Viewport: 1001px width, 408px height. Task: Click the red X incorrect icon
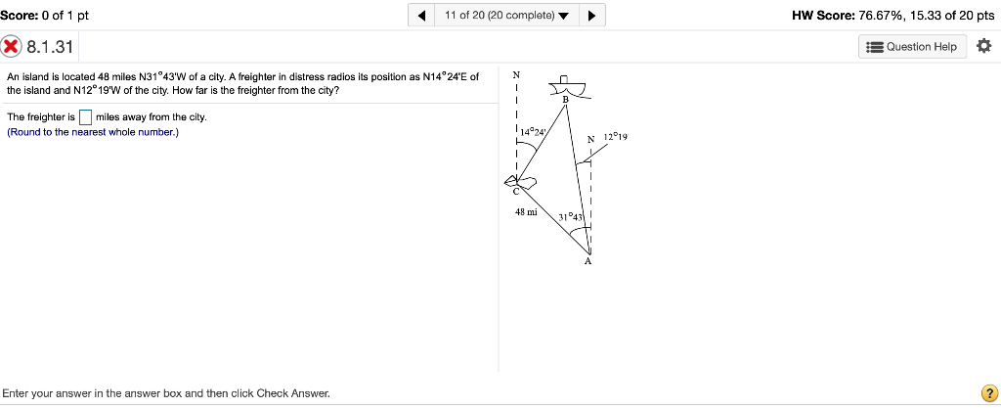(12, 47)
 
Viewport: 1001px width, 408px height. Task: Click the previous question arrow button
(420, 16)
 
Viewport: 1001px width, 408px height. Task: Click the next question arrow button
(592, 16)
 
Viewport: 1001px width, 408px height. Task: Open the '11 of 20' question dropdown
(505, 16)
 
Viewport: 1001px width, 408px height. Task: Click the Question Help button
(913, 47)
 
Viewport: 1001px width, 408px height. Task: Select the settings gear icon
(983, 47)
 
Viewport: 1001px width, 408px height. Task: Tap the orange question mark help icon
(988, 393)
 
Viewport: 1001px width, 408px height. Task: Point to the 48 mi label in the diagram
(526, 211)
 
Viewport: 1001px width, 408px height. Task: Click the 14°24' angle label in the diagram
(534, 130)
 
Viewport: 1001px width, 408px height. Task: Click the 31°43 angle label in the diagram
(571, 216)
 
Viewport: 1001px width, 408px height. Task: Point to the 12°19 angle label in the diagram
(615, 138)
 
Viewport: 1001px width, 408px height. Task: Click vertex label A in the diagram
(588, 262)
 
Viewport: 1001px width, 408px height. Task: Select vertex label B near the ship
(564, 100)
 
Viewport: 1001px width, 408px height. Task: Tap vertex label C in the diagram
(519, 192)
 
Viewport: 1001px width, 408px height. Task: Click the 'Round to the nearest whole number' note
(93, 132)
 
